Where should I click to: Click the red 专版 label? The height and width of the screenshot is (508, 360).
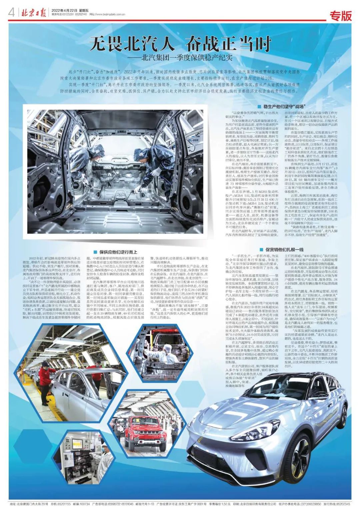[x=340, y=15]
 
